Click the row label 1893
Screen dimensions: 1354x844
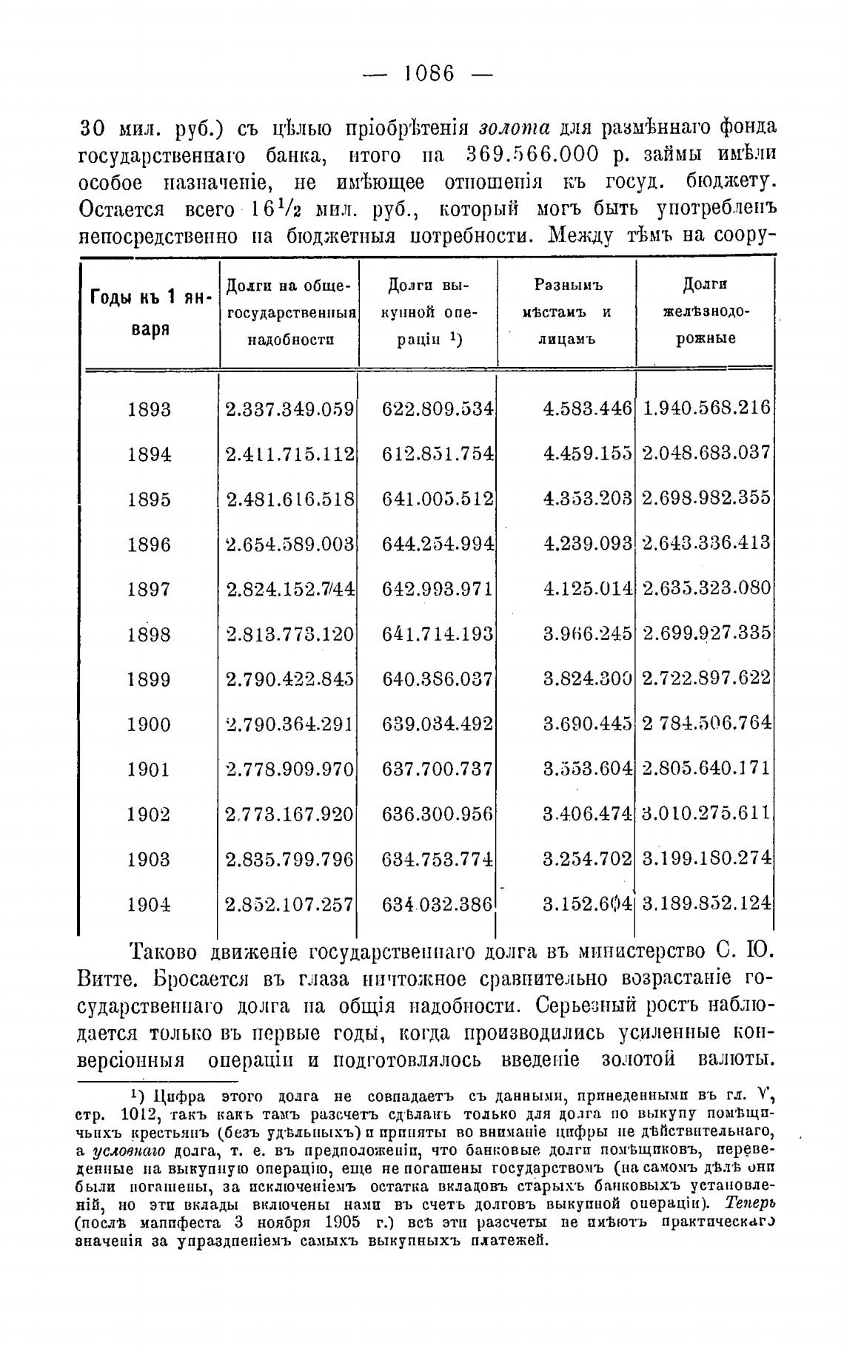[x=149, y=409]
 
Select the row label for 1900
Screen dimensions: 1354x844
[x=149, y=724]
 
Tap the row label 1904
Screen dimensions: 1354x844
[x=149, y=904]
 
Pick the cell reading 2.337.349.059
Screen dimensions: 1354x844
[x=289, y=409]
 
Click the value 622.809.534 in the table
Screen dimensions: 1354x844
[x=438, y=408]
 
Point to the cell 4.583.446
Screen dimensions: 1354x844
[x=587, y=408]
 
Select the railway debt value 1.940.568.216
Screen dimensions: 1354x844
[x=706, y=408]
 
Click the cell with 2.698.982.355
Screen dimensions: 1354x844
[x=706, y=498]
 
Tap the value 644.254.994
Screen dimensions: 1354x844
[x=438, y=544]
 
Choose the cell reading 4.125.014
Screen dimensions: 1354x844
[x=587, y=589]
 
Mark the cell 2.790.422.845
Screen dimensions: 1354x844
[x=289, y=679]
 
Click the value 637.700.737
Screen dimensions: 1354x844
[x=438, y=769]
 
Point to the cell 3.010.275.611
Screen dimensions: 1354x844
[x=706, y=814]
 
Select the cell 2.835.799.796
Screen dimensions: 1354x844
[x=289, y=859]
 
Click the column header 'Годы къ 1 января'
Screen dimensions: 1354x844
[x=150, y=313]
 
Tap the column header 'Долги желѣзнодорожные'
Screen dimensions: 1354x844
[x=705, y=311]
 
